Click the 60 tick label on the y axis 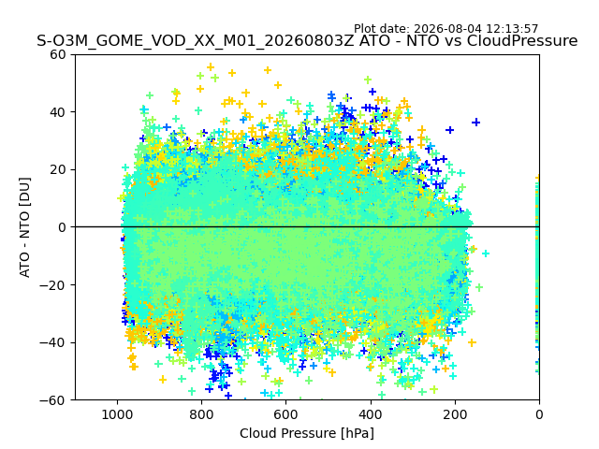58,54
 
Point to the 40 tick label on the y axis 58,112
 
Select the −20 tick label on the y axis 52,284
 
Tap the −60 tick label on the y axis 52,400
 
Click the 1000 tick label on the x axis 117,414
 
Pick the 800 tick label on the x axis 202,414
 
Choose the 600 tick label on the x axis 286,414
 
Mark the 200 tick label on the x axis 455,414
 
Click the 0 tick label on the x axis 539,414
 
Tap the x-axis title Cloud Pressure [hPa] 307,433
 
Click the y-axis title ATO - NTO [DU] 25,227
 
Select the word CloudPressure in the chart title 522,40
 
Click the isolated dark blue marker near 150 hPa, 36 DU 475,123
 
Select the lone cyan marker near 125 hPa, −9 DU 486,253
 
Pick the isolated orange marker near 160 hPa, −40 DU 472,342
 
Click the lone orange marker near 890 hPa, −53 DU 163,380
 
